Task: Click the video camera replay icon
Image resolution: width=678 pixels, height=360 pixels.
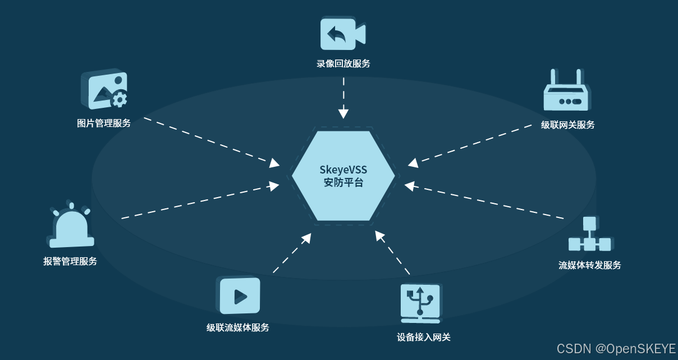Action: [x=342, y=34]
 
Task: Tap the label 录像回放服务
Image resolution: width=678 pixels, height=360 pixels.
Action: [x=343, y=63]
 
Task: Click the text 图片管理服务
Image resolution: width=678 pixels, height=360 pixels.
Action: [x=104, y=123]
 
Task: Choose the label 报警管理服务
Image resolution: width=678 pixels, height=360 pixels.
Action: [x=70, y=261]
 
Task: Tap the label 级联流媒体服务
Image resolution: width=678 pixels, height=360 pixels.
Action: [x=238, y=327]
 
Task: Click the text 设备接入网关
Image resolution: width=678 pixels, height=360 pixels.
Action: [x=424, y=337]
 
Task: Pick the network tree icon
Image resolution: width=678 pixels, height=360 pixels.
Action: [x=589, y=235]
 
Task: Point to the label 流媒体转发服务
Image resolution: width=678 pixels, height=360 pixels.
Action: [x=590, y=265]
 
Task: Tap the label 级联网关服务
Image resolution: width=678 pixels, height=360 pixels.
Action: [x=567, y=125]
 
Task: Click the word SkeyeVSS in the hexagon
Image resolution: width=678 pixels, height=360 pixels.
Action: [x=343, y=169]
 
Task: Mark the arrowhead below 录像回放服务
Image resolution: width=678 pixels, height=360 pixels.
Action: [x=343, y=113]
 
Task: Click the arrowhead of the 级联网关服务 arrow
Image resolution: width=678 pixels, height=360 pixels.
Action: [x=413, y=163]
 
